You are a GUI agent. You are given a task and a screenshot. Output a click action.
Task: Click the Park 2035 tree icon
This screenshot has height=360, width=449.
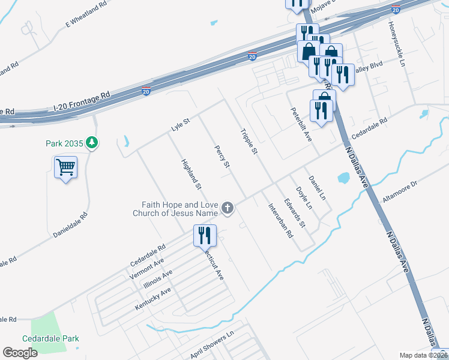click(x=92, y=143)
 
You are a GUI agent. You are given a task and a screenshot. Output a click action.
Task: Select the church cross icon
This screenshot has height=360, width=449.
click(x=228, y=208)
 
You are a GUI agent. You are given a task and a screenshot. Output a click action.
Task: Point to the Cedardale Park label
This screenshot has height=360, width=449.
click(x=50, y=338)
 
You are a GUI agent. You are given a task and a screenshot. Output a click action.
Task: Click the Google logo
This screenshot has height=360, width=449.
click(x=20, y=353)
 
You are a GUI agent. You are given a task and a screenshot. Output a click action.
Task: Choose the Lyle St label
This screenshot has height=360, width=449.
click(x=180, y=125)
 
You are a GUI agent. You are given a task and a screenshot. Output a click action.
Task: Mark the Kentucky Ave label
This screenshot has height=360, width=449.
click(x=154, y=298)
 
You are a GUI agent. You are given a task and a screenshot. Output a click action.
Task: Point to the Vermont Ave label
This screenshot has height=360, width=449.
click(x=146, y=270)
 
